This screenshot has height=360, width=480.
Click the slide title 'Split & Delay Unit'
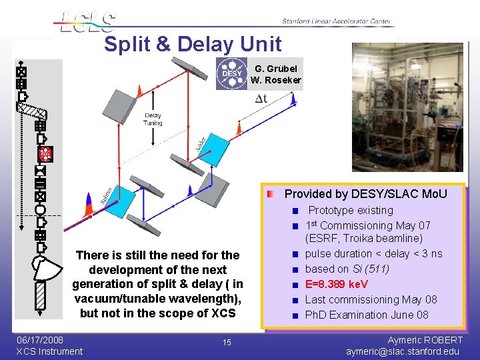(x=193, y=44)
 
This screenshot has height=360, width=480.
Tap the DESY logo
(x=231, y=74)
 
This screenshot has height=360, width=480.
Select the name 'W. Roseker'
(x=276, y=81)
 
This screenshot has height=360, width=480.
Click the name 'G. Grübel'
(x=276, y=68)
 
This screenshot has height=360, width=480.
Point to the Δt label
(x=261, y=99)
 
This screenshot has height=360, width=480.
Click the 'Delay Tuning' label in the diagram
(x=153, y=119)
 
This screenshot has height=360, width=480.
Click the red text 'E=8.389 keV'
(x=341, y=284)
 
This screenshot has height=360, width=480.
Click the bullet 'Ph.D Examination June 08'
(x=366, y=315)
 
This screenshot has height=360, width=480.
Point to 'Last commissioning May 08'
(x=371, y=299)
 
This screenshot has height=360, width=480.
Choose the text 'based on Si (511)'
(x=347, y=269)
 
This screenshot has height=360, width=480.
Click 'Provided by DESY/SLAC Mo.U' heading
(x=365, y=194)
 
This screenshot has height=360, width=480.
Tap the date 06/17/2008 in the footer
(x=40, y=340)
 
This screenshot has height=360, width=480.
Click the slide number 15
(x=227, y=343)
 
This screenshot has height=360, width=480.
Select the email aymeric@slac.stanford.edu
(x=403, y=351)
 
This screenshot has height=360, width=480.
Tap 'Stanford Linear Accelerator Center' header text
(x=336, y=21)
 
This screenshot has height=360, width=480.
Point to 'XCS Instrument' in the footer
(x=49, y=351)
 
